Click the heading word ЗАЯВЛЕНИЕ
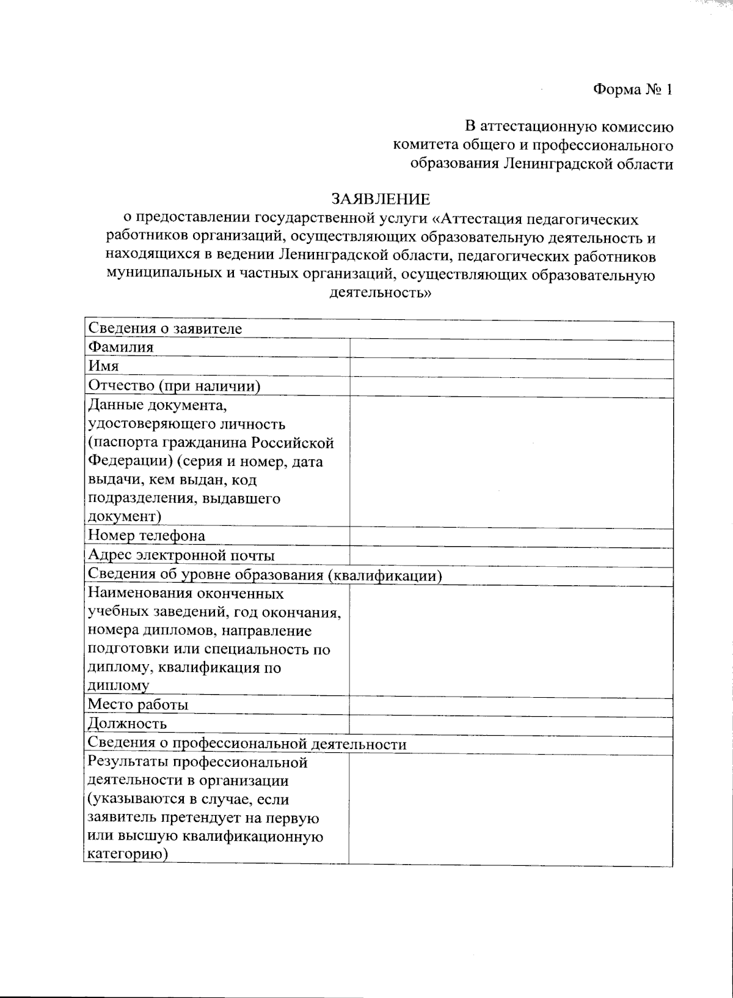tap(380, 199)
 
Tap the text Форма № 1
tap(633, 90)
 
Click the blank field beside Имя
tap(511, 368)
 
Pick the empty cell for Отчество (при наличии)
tap(511, 386)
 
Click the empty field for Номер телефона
tap(511, 536)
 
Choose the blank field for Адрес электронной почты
tap(511, 556)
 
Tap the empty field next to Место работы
tap(511, 705)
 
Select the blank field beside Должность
tap(511, 725)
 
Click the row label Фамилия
tap(121, 348)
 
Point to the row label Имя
tap(103, 367)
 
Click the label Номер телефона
tap(147, 536)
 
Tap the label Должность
tap(128, 725)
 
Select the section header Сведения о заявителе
tap(165, 329)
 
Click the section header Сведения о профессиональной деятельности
tap(247, 744)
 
